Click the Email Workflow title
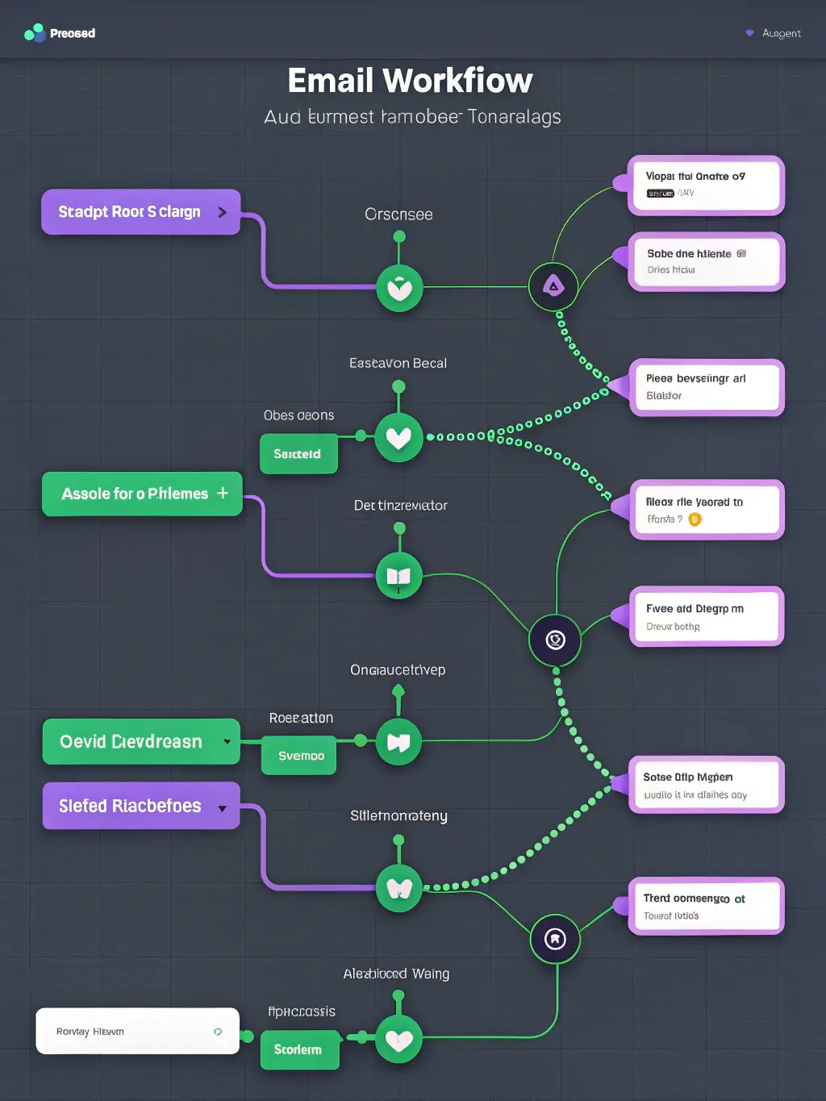click(x=410, y=81)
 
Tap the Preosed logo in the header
click(x=60, y=33)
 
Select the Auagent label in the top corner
click(x=780, y=33)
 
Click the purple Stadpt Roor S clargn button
click(x=141, y=212)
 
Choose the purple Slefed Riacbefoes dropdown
click(x=141, y=806)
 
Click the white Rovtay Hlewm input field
click(x=137, y=1031)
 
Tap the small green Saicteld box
click(x=298, y=454)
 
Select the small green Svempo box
click(x=300, y=756)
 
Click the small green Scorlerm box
click(x=298, y=1049)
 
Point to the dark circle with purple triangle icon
click(x=553, y=286)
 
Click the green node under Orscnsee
click(x=399, y=288)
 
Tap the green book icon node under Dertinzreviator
click(x=398, y=576)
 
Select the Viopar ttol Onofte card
click(x=705, y=185)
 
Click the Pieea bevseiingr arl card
click(x=705, y=387)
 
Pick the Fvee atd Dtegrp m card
click(x=705, y=617)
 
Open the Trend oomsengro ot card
click(x=705, y=907)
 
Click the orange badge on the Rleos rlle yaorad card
click(x=695, y=519)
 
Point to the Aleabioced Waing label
click(x=396, y=974)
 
